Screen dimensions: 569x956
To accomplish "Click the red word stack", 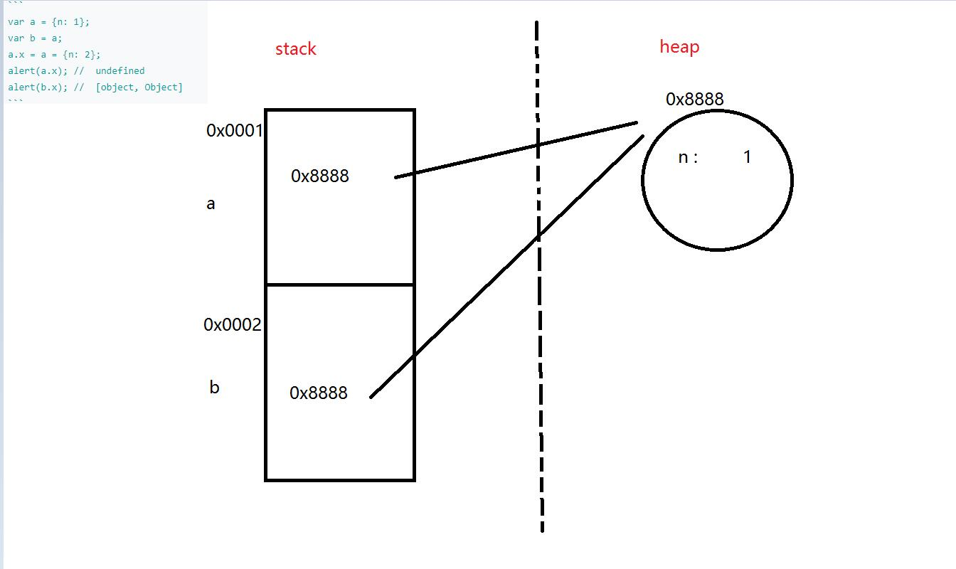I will pyautogui.click(x=295, y=49).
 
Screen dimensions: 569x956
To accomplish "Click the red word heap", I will pyautogui.click(x=679, y=47).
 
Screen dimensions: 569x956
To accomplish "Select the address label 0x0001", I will pyautogui.click(x=234, y=131).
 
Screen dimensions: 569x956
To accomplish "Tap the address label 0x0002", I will pyautogui.click(x=233, y=325).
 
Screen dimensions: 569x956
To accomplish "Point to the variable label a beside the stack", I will pyautogui.click(x=211, y=204).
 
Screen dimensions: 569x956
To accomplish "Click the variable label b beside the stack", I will pyautogui.click(x=214, y=388).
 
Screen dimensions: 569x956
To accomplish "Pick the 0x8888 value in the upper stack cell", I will pyautogui.click(x=320, y=176).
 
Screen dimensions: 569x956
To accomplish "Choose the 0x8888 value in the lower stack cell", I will pyautogui.click(x=319, y=393).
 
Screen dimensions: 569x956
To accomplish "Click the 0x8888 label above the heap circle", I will pyautogui.click(x=694, y=100).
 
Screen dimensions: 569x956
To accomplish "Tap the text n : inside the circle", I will pyautogui.click(x=688, y=158).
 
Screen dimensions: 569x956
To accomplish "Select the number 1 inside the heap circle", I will pyautogui.click(x=747, y=157).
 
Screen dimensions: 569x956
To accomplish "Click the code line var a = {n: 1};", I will pyautogui.click(x=49, y=22).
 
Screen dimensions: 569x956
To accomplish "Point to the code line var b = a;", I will pyautogui.click(x=35, y=38).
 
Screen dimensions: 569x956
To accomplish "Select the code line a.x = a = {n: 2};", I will pyautogui.click(x=54, y=55).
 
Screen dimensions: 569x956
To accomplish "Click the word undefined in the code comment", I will pyautogui.click(x=119, y=71).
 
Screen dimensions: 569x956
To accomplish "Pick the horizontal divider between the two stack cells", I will pyautogui.click(x=339, y=284).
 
